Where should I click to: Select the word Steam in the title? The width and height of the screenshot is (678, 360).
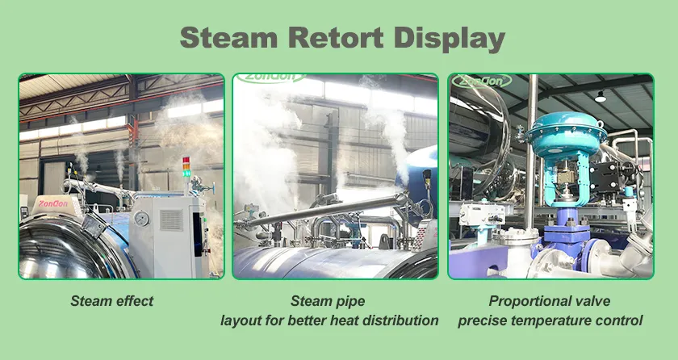coord(228,37)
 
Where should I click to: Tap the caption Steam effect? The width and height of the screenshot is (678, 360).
coord(112,301)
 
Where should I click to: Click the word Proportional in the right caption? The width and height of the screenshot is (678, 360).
coord(522,301)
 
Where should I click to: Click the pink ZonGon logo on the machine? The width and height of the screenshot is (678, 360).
coord(52,203)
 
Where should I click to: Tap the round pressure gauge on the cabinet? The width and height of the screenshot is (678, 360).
coord(141,219)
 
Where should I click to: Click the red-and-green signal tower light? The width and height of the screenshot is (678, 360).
coord(186,167)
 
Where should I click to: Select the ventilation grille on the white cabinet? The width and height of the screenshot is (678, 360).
coord(171,220)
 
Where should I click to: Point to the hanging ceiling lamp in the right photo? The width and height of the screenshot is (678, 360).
coord(601,97)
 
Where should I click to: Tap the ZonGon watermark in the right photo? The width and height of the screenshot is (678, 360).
coord(480,82)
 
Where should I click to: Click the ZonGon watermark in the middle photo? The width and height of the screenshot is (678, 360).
coord(271,77)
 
